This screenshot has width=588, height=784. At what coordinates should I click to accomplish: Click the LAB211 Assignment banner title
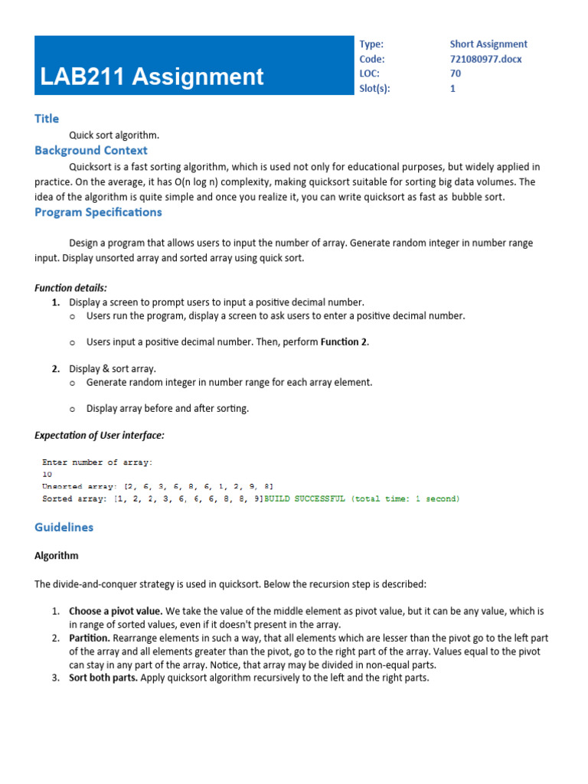[x=152, y=77]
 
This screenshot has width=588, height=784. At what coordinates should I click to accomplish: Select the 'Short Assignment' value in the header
[x=488, y=44]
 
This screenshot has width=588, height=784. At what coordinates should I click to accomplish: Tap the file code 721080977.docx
[x=485, y=59]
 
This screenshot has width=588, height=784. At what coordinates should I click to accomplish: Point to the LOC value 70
[x=456, y=73]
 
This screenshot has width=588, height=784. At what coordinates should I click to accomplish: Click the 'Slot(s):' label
[x=374, y=88]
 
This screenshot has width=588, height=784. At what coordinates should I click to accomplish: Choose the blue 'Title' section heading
[x=47, y=119]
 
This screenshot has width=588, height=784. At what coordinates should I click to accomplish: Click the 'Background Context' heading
[x=91, y=151]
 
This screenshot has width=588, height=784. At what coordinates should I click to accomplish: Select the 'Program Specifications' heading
[x=98, y=212]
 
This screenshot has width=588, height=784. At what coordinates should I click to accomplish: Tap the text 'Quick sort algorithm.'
[x=114, y=136]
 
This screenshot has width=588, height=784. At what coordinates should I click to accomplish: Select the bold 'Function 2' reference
[x=344, y=342]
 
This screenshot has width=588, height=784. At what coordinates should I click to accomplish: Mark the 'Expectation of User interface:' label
[x=100, y=436]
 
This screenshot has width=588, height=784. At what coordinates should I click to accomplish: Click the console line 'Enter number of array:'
[x=97, y=462]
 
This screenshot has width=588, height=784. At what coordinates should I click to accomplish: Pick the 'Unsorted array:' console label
[x=78, y=487]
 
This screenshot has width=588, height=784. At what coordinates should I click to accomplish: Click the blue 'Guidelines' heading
[x=64, y=528]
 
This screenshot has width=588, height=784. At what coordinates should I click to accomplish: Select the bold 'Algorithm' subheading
[x=57, y=556]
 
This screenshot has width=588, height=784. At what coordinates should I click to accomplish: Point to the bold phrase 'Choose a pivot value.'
[x=116, y=612]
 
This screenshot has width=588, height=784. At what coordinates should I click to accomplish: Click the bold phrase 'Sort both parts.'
[x=103, y=678]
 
